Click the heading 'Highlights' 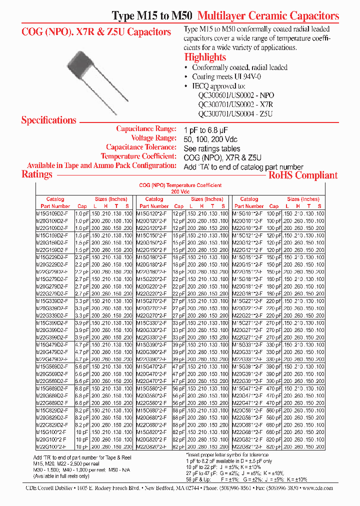pyautogui.click(x=205, y=57)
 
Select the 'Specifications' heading pyautogui.click(x=48, y=120)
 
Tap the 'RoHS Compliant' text pyautogui.click(x=303, y=175)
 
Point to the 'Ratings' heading pyautogui.click(x=36, y=174)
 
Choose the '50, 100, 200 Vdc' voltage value pyautogui.click(x=210, y=138)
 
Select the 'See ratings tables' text pyautogui.click(x=211, y=148)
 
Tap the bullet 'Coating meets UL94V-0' pyautogui.click(x=226, y=76)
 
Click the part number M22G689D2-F pyautogui.click(x=51, y=403)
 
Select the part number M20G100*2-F pyautogui.click(x=51, y=439)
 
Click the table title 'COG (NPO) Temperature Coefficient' pyautogui.click(x=180, y=185)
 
